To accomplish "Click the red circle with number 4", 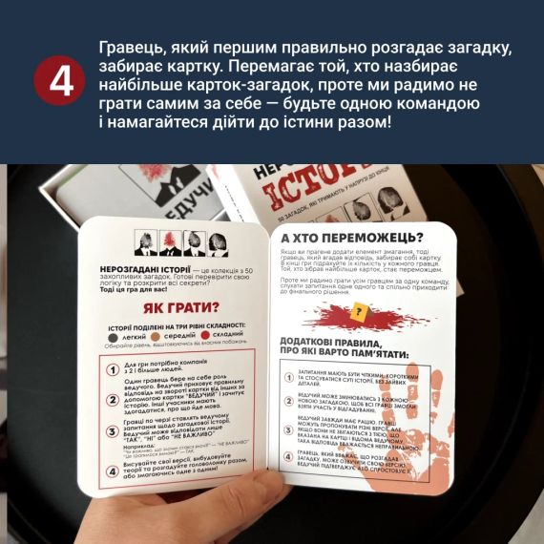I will [61, 84].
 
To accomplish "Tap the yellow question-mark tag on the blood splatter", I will [360, 313].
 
